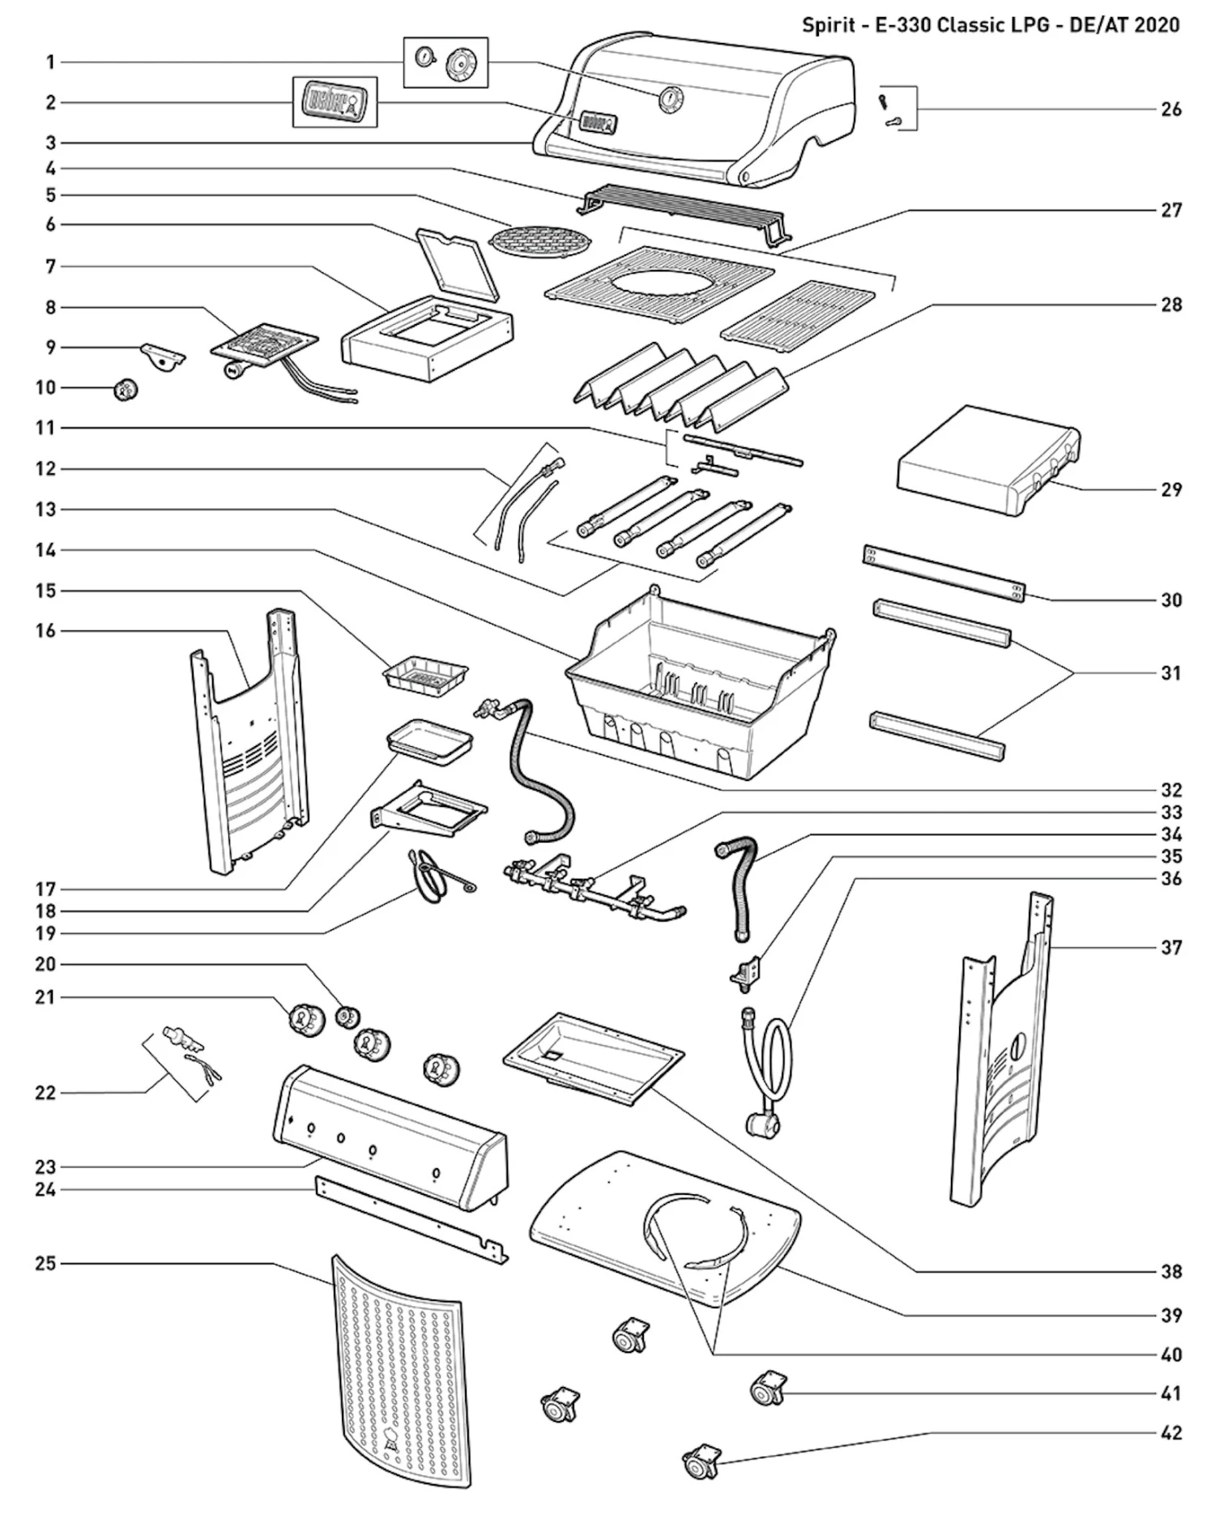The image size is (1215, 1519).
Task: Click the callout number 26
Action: [x=1170, y=109]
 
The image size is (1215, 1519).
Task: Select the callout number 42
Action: [x=1170, y=1432]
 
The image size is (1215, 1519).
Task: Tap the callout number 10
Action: [x=45, y=387]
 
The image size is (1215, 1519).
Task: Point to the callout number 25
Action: [x=45, y=1263]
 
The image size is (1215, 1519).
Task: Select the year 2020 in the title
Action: [x=1156, y=24]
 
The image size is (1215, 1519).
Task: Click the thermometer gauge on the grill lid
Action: [x=669, y=99]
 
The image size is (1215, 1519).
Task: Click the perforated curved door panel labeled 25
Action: [x=399, y=1369]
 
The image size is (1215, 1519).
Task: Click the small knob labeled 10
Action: [x=126, y=390]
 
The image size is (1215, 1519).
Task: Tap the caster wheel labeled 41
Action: [x=766, y=1389]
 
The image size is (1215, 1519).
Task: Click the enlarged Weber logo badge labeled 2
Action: [x=335, y=102]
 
